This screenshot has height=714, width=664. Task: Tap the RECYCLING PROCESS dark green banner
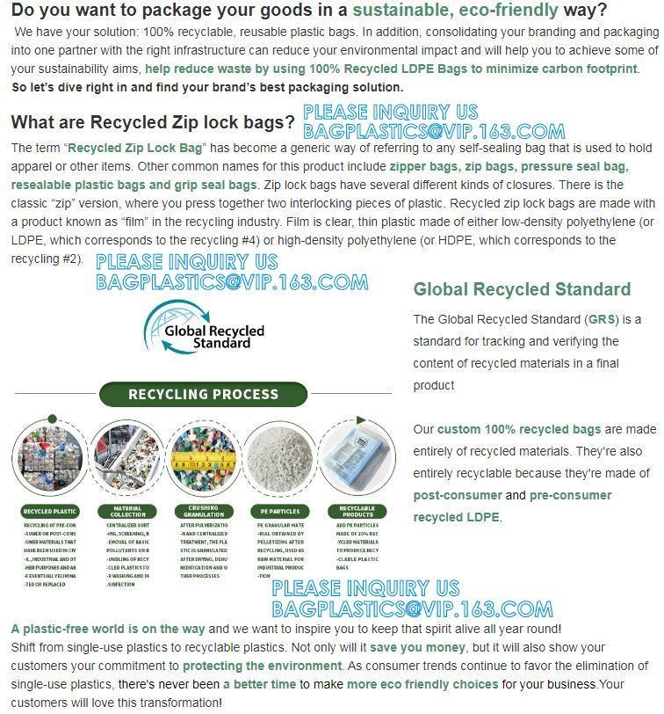203,394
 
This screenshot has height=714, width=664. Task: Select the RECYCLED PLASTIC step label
51,511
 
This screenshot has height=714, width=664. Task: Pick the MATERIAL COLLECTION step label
127,511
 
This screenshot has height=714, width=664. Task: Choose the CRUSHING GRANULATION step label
203,511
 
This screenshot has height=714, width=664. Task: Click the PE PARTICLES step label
280,511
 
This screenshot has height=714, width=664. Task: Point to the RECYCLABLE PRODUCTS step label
357,511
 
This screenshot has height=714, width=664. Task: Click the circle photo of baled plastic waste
51,459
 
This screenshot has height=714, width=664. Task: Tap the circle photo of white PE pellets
280,459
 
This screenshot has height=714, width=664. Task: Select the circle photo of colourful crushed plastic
203,459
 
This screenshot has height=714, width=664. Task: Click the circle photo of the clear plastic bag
357,459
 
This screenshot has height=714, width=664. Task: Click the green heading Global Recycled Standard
522,289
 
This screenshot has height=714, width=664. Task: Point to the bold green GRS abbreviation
602,319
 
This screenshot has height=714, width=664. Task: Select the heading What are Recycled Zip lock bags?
153,122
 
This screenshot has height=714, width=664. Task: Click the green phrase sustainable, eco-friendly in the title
455,11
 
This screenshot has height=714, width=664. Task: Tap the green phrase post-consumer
458,495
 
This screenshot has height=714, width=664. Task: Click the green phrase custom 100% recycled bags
519,429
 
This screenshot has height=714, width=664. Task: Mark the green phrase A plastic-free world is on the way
108,629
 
